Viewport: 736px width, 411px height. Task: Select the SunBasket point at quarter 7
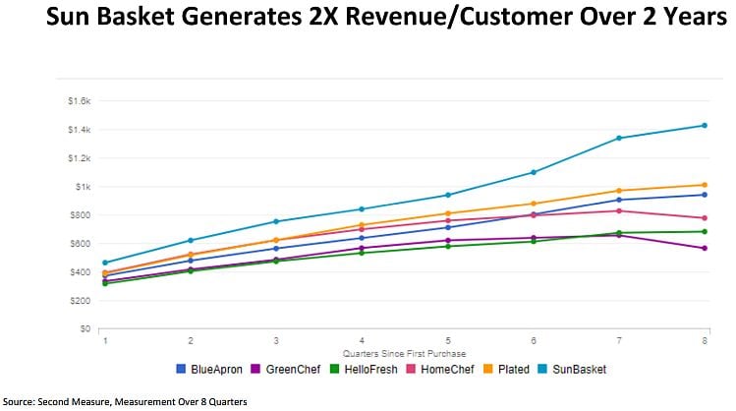point(619,138)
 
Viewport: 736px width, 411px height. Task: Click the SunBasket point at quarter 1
point(104,263)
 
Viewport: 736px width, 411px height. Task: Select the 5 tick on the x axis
point(448,340)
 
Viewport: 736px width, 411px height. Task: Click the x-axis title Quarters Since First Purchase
point(403,351)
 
